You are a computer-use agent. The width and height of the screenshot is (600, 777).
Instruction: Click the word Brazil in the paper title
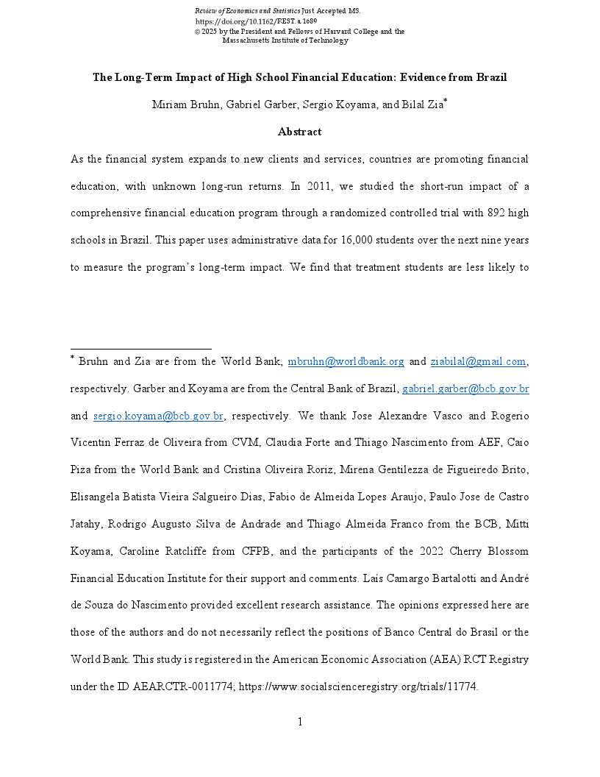(490, 78)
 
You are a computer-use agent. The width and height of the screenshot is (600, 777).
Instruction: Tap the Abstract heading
(299, 132)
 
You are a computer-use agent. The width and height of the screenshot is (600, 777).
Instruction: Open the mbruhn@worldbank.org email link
(346, 362)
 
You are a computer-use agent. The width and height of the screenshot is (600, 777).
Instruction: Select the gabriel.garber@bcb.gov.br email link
(465, 389)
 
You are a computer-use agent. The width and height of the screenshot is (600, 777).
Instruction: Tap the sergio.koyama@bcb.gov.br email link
(158, 416)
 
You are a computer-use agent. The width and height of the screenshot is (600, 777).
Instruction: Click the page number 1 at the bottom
(300, 722)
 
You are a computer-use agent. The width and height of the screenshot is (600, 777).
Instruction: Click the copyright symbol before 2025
(196, 32)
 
